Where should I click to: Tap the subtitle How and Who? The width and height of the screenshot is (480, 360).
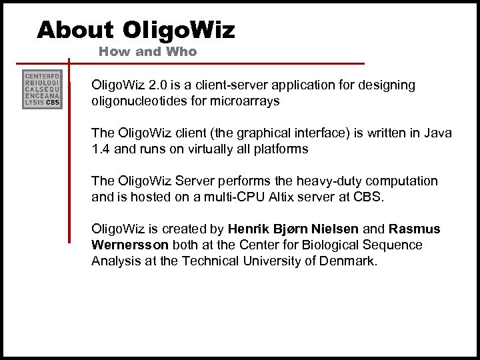[147, 51]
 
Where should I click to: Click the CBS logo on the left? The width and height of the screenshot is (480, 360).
[43, 89]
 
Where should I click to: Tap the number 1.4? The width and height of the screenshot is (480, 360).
[101, 149]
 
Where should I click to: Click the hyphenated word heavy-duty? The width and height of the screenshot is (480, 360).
[318, 181]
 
